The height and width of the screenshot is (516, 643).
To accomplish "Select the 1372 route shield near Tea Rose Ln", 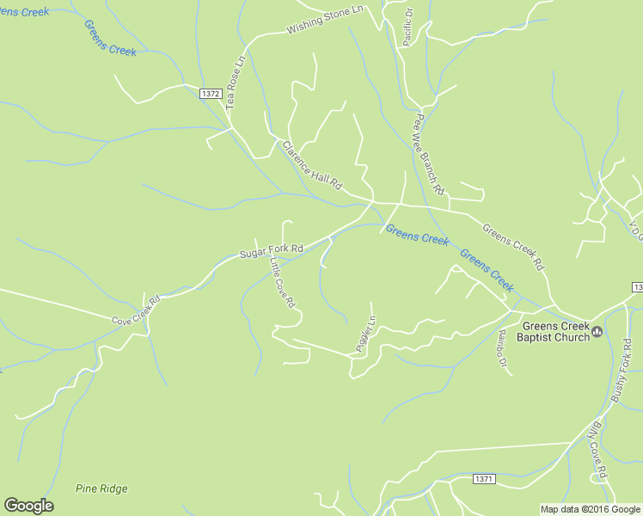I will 210,94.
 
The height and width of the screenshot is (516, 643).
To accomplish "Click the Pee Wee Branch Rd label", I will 429,153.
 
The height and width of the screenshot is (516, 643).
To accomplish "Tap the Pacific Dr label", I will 407,28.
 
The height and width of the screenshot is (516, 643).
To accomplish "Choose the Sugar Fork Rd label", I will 271,250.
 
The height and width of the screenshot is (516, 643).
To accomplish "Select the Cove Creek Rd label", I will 137,310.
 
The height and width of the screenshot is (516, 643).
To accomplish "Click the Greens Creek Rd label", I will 514,245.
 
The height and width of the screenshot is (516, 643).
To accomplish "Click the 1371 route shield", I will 485,478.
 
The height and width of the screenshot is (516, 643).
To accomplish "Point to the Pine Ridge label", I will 101,488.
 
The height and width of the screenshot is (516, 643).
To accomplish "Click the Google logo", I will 28,506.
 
